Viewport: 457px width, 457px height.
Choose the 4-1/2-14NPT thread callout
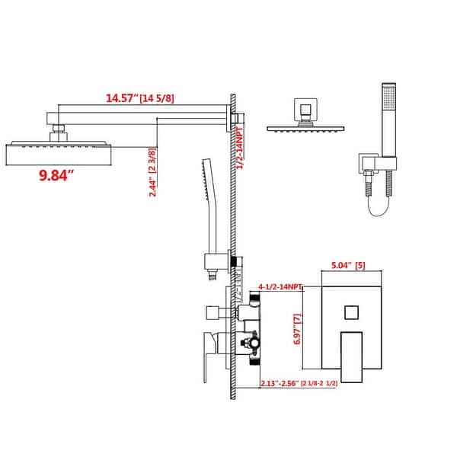point(280,287)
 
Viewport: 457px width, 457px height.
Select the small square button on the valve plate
point(351,312)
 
